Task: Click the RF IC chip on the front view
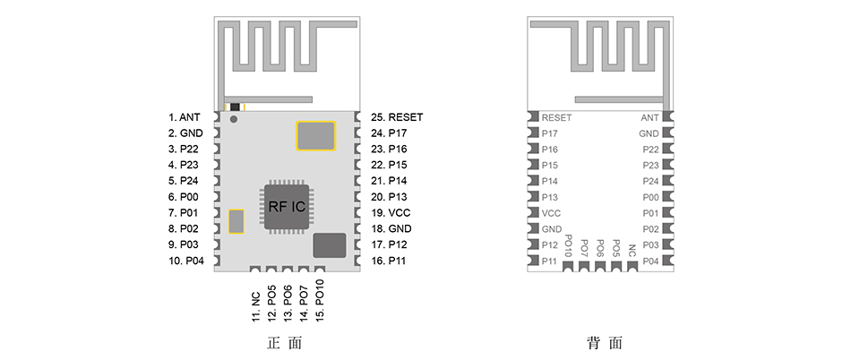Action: [287, 206]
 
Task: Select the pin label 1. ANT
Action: [185, 117]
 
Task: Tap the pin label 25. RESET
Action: [397, 117]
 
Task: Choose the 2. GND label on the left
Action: [185, 133]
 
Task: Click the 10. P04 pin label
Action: [185, 261]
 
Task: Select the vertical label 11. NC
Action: [256, 298]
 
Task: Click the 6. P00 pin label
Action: [185, 197]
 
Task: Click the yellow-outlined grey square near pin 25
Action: [314, 135]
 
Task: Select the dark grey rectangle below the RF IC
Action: [329, 244]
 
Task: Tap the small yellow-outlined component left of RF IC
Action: [236, 220]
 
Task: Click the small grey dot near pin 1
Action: [235, 118]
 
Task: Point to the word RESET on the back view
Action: [556, 117]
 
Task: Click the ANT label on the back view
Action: [649, 117]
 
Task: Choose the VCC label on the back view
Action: [552, 213]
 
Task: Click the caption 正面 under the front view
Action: [286, 343]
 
